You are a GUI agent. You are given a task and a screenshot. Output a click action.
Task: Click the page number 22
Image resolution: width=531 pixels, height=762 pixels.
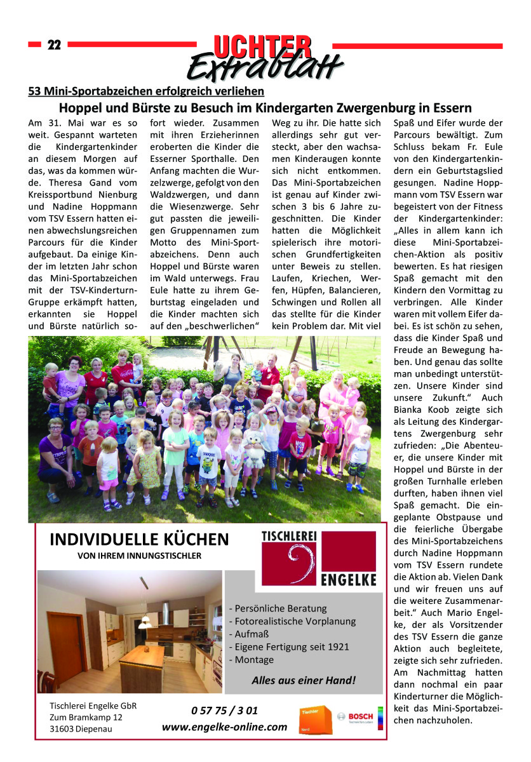(54, 44)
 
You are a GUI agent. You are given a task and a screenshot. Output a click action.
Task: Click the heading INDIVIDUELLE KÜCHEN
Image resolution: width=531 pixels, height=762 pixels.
(138, 540)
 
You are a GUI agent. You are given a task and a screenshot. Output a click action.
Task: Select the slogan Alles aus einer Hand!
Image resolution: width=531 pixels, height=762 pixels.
(304, 680)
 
